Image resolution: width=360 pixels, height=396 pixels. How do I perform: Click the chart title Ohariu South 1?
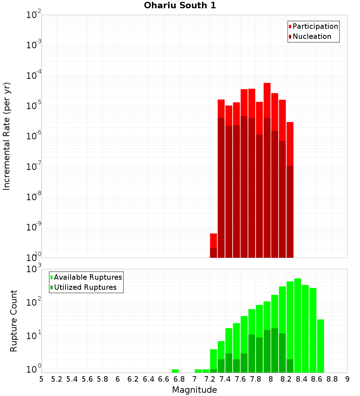click(x=180, y=6)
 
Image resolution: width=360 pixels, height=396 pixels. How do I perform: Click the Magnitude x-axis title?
click(x=194, y=390)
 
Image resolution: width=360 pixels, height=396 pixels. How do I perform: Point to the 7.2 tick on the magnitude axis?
click(x=210, y=379)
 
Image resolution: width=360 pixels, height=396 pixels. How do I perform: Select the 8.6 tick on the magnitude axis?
click(x=317, y=379)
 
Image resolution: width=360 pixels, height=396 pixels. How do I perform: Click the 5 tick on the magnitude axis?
click(x=41, y=379)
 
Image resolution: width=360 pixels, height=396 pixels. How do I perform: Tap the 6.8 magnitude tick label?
click(x=179, y=379)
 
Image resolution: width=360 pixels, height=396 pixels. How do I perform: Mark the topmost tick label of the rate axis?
click(x=34, y=15)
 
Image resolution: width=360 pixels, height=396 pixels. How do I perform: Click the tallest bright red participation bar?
click(x=267, y=101)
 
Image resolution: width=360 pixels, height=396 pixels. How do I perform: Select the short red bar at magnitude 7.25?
click(x=213, y=240)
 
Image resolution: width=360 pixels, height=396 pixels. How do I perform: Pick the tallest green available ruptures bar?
click(x=298, y=324)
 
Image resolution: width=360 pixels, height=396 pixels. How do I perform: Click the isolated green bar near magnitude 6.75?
click(x=175, y=371)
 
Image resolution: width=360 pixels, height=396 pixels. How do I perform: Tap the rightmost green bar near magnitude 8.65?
click(x=320, y=346)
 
